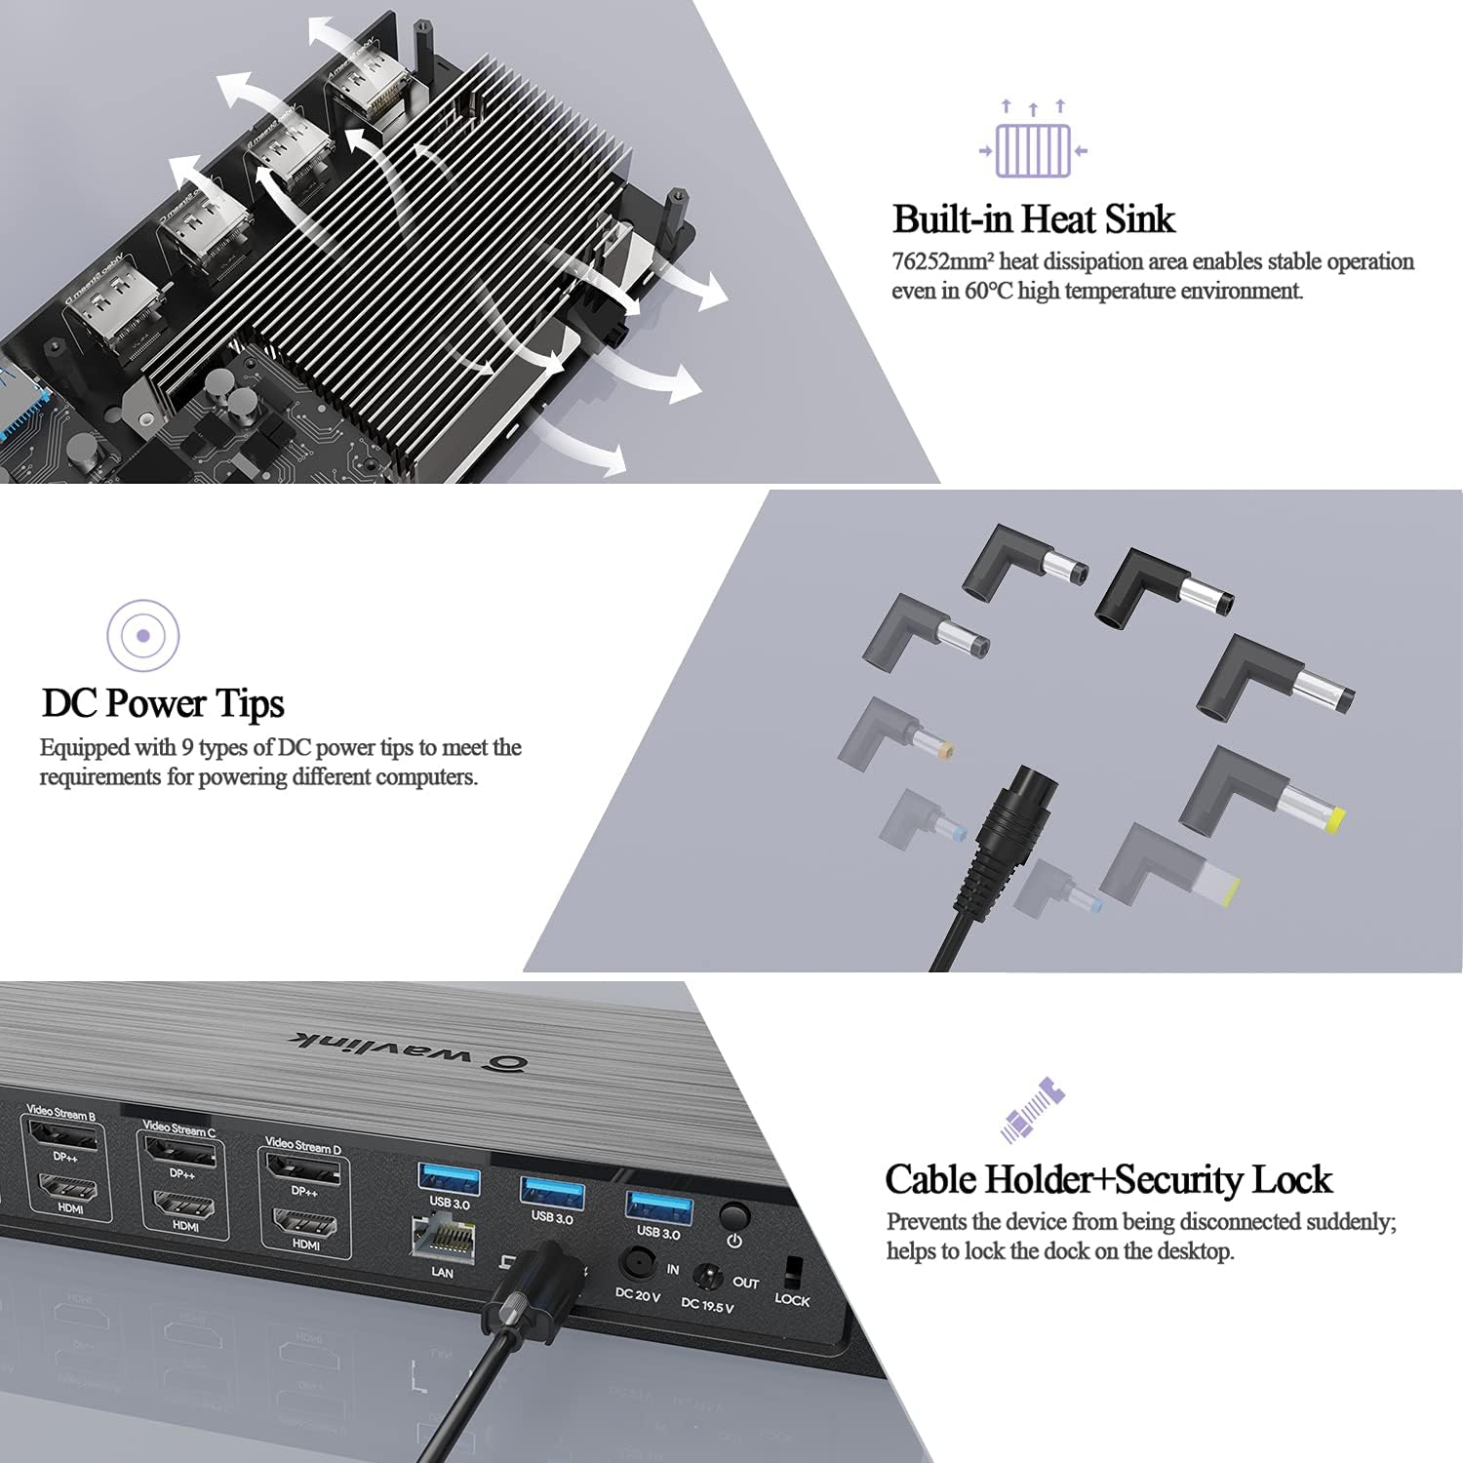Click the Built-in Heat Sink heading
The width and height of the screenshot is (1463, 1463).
pyautogui.click(x=1033, y=219)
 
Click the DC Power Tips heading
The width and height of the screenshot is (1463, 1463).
pyautogui.click(x=163, y=703)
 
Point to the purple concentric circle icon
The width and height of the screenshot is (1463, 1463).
pyautogui.click(x=143, y=636)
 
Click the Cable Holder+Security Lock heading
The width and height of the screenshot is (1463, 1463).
pyautogui.click(x=1108, y=1180)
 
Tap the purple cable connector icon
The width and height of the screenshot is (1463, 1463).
pyautogui.click(x=1032, y=1110)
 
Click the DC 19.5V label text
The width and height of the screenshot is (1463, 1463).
pyautogui.click(x=707, y=1305)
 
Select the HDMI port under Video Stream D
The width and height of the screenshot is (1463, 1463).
pyautogui.click(x=304, y=1223)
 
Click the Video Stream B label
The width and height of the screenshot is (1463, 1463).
pyautogui.click(x=60, y=1113)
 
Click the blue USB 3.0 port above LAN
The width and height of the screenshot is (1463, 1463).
pyautogui.click(x=449, y=1179)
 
